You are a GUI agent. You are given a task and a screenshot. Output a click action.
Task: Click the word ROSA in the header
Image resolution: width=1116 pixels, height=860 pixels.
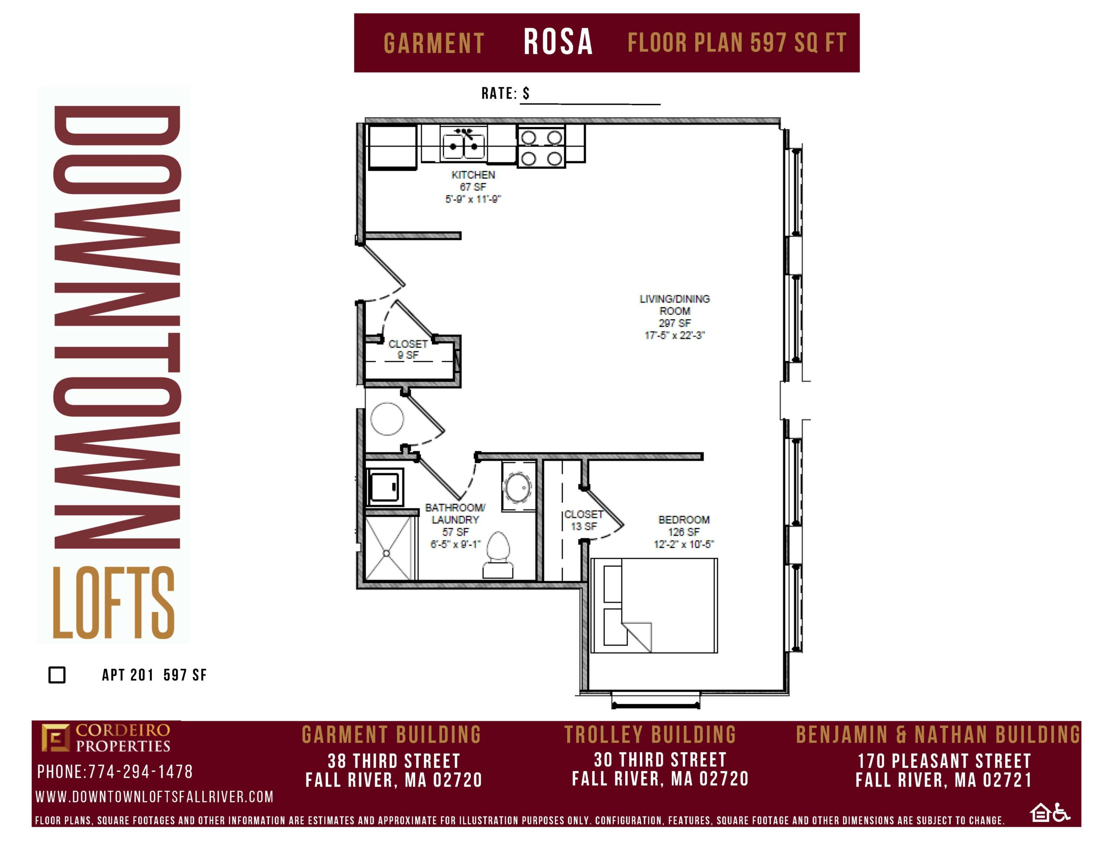click(558, 42)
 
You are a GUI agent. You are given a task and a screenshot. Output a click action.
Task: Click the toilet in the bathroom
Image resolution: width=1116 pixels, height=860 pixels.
click(498, 555)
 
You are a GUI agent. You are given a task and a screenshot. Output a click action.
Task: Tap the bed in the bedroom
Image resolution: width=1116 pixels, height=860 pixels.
click(654, 605)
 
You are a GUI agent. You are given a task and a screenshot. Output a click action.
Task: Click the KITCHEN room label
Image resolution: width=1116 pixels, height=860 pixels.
click(473, 175)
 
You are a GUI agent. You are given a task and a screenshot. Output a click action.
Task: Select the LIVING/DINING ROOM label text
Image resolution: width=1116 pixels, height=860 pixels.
click(674, 305)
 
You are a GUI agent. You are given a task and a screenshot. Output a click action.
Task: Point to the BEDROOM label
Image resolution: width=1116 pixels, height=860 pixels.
click(684, 520)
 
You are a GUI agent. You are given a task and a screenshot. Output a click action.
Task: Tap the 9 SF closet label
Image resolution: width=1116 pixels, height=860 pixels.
click(408, 350)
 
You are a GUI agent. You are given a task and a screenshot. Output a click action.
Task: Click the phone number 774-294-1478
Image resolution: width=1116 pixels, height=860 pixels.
click(140, 772)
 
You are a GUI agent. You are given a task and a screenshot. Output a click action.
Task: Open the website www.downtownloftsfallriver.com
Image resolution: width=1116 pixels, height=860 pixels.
click(154, 797)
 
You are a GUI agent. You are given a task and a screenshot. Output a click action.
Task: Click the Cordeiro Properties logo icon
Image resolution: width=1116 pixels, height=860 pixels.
click(55, 738)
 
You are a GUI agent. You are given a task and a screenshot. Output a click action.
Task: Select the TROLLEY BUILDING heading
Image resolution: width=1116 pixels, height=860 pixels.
click(650, 735)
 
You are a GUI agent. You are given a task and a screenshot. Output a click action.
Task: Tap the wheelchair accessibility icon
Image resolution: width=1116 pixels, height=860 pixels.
click(1062, 813)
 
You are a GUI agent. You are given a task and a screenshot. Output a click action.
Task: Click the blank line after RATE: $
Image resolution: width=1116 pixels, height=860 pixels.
click(590, 104)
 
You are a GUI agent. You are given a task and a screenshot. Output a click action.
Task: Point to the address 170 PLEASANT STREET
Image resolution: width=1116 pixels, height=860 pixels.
click(944, 761)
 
